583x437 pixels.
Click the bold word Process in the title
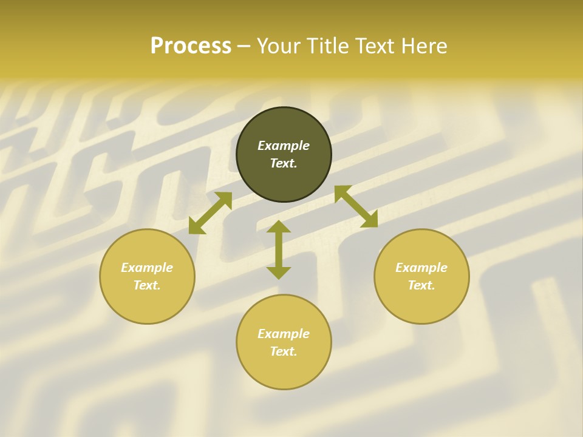pos(191,46)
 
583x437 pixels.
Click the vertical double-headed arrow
pos(279,249)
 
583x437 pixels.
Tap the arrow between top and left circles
pos(210,213)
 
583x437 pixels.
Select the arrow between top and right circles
pos(356,206)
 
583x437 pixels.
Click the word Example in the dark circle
pos(284,146)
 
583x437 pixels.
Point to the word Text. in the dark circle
pos(284,163)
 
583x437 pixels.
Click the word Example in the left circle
pos(147,268)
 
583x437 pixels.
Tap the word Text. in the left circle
pos(147,285)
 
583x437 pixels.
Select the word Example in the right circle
pos(421,268)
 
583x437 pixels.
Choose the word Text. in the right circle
pos(421,285)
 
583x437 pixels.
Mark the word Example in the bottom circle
pos(284,334)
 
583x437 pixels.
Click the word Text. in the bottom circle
pos(284,351)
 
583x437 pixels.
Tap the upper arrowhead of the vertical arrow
pos(279,226)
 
